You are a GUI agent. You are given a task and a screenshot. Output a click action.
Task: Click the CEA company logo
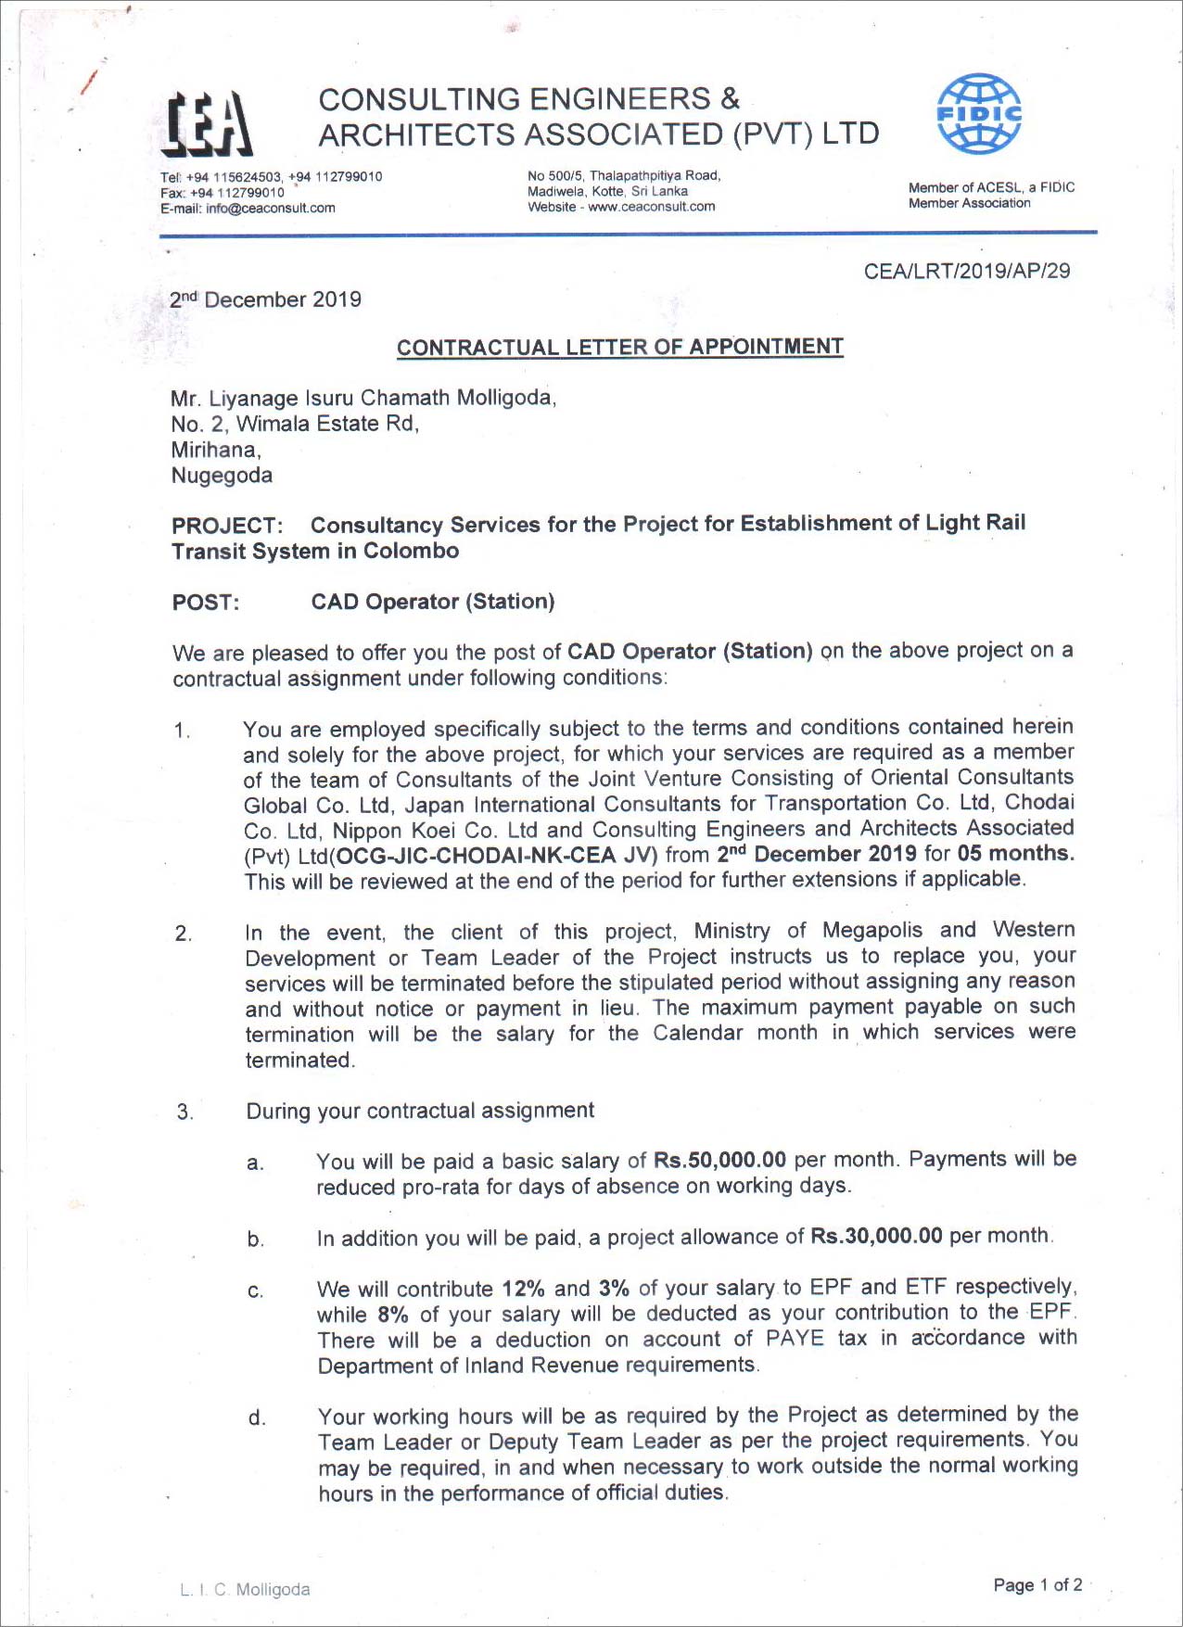point(207,124)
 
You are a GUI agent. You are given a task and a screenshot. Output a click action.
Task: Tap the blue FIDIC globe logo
point(979,114)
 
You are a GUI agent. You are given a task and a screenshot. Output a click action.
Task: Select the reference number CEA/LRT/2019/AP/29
point(966,271)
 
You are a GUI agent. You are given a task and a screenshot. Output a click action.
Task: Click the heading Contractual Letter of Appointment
point(619,347)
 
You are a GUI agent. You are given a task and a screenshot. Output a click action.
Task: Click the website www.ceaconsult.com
point(651,207)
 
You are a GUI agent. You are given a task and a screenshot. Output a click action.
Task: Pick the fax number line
point(223,193)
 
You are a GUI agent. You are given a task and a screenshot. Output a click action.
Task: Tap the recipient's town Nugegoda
point(222,476)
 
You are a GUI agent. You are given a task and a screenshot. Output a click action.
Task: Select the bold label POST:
point(205,603)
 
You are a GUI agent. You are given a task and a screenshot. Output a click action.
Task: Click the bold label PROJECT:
point(226,526)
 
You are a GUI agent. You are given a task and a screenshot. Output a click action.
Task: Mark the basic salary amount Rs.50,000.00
point(719,1160)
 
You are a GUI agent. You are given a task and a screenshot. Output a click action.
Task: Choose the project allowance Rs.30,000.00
point(876,1236)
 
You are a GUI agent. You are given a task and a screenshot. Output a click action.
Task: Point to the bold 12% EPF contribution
point(523,1289)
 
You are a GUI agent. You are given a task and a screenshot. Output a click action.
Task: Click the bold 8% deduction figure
point(393,1315)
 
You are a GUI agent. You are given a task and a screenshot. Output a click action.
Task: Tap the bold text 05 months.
point(1015,853)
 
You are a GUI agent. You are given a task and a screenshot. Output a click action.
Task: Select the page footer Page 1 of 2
point(1037,1584)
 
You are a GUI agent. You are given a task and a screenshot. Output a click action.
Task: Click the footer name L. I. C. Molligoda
point(245,1589)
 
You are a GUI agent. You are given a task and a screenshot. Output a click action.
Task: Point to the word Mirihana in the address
point(215,450)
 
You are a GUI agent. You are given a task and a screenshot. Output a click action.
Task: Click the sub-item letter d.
point(256,1417)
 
